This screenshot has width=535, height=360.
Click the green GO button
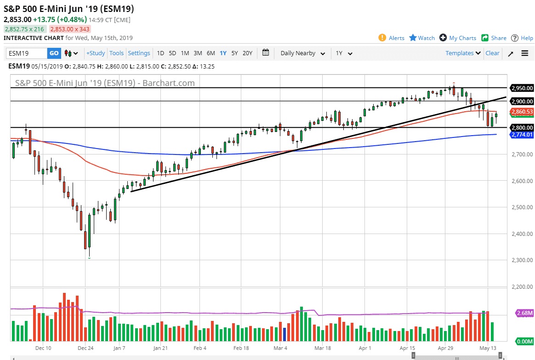[54, 53]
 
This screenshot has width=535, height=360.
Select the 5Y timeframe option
[234, 53]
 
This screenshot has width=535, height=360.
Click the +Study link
[96, 53]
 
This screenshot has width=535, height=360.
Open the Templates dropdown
[463, 53]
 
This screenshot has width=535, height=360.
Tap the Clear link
[492, 53]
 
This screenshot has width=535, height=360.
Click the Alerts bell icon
[382, 38]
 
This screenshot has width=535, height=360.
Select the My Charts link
[458, 38]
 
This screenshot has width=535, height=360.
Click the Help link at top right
[523, 38]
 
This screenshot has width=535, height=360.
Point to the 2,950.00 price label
[522, 88]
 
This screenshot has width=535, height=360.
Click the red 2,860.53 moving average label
[522, 112]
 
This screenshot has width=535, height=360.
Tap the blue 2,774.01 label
[522, 135]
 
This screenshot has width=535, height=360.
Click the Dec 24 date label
[85, 349]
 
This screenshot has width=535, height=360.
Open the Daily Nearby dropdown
[303, 53]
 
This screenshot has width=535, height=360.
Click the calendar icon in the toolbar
[266, 53]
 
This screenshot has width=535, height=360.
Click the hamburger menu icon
[525, 53]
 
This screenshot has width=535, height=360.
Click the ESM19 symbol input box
[27, 53]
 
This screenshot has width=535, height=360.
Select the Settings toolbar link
[139, 53]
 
